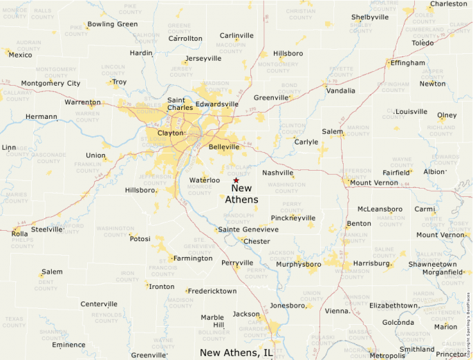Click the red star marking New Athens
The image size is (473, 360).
point(236,180)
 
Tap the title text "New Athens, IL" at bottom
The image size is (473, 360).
point(236,353)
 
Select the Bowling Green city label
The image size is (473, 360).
point(112,24)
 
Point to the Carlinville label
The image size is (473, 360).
point(236,35)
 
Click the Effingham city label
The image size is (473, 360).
point(408,63)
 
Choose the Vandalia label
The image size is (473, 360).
point(340,91)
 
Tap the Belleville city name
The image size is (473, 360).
point(224,147)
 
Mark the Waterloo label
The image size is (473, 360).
point(204,180)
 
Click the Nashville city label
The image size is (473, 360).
point(277,173)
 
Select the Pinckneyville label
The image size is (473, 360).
point(293,218)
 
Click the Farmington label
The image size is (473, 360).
point(192,258)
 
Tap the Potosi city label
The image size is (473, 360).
point(140,239)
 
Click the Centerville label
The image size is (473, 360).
point(99,304)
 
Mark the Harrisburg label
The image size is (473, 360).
point(371,263)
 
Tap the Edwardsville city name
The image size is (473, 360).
point(217,104)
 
